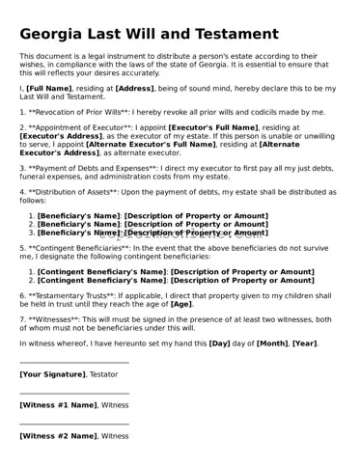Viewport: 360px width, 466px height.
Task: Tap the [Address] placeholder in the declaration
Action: pyautogui.click(x=134, y=88)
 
